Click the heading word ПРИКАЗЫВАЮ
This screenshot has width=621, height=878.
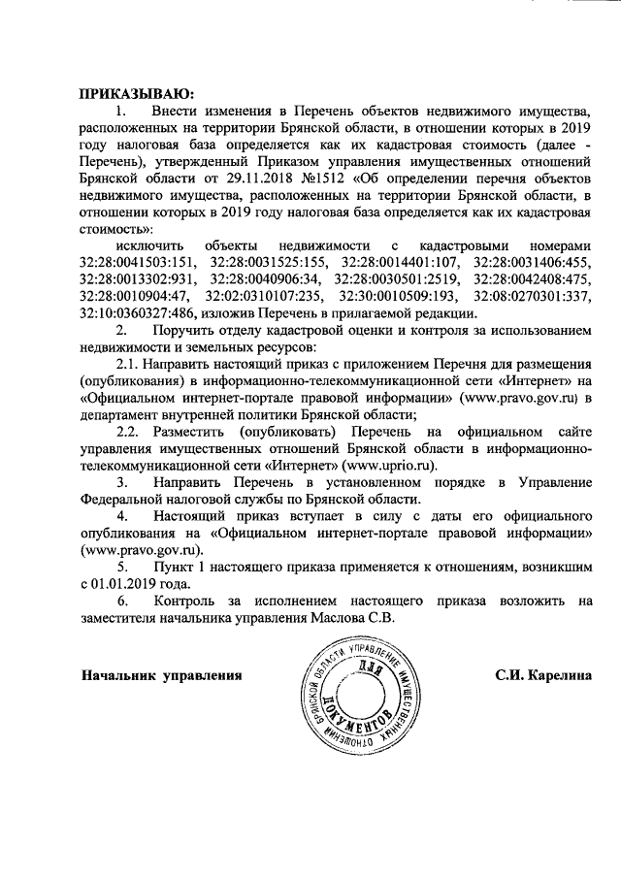136,94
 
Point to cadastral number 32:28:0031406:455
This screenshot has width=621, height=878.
532,262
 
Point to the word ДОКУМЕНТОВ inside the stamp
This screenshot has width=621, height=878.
366,719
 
